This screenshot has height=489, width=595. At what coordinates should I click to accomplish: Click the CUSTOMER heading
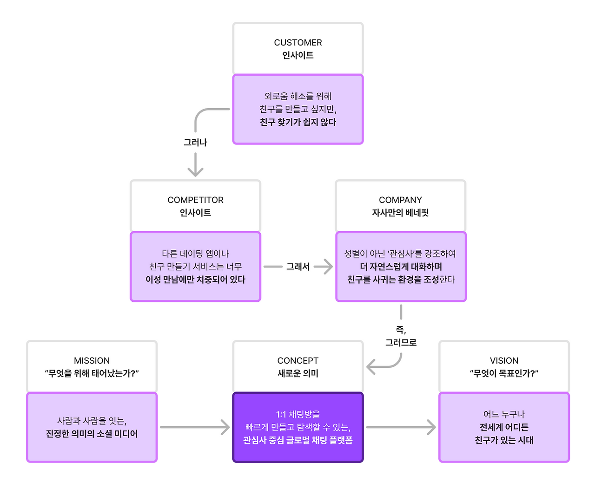pos(298,42)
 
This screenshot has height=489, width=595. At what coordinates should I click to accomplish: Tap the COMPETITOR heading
pos(195,200)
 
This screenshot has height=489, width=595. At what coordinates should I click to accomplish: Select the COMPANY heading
pos(400,200)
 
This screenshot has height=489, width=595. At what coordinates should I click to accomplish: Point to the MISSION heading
pos(92,360)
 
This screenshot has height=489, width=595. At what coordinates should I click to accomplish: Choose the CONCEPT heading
pos(298,360)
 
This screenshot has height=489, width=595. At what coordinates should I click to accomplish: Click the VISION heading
pos(504,360)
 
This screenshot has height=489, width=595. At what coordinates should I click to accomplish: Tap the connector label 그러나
pos(195,143)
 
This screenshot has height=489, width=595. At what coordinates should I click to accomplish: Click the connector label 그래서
pos(298,267)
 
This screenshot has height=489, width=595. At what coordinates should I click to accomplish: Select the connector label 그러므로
pos(401,343)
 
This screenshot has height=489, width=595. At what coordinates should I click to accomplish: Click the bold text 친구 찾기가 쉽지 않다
pos(298,122)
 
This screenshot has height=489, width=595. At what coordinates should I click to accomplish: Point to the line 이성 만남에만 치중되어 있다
pos(195,280)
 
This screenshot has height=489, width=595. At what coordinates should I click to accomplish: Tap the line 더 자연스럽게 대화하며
pos(401,267)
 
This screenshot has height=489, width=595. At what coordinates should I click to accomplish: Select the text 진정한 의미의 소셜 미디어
pos(92,434)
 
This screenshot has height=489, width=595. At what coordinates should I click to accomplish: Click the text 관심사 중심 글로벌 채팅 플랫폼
pos(298,440)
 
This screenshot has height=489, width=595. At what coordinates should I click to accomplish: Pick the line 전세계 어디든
pos(504,427)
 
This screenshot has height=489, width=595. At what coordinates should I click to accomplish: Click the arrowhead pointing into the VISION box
pos(431,427)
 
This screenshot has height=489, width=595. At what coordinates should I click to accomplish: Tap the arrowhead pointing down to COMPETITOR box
pos(195,172)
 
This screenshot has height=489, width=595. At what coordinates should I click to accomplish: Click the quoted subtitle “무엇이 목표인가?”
pos(504,373)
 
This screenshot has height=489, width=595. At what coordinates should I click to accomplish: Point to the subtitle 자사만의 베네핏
pos(400,213)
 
